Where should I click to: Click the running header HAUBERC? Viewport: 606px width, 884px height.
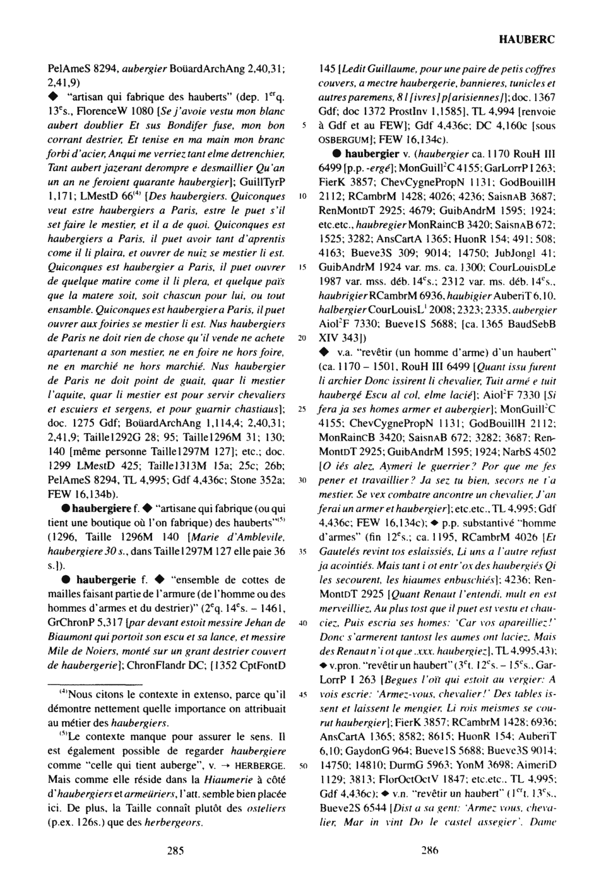[x=526, y=39]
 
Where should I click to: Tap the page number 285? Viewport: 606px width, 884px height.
[x=175, y=851]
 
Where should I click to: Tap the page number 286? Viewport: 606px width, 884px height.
[x=429, y=851]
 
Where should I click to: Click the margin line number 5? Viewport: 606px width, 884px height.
[x=304, y=126]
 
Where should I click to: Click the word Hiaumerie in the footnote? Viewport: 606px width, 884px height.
[x=226, y=779]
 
